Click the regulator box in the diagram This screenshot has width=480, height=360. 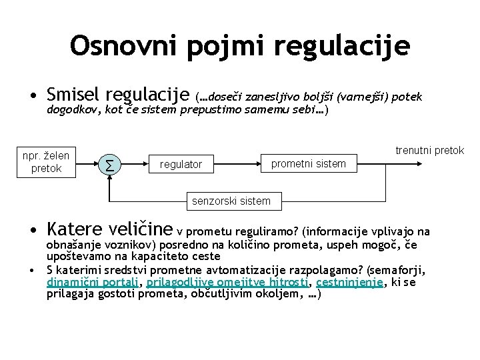click(x=181, y=164)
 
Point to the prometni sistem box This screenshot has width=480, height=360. click(x=308, y=163)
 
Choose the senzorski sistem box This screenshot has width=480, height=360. click(x=231, y=201)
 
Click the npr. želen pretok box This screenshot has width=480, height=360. click(x=46, y=162)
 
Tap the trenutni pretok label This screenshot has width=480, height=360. click(x=429, y=151)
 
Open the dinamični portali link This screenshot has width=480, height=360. click(x=91, y=282)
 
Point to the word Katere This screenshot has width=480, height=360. click(x=73, y=230)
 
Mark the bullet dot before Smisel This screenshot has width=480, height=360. click(x=32, y=98)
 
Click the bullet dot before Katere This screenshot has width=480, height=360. click(x=32, y=232)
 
